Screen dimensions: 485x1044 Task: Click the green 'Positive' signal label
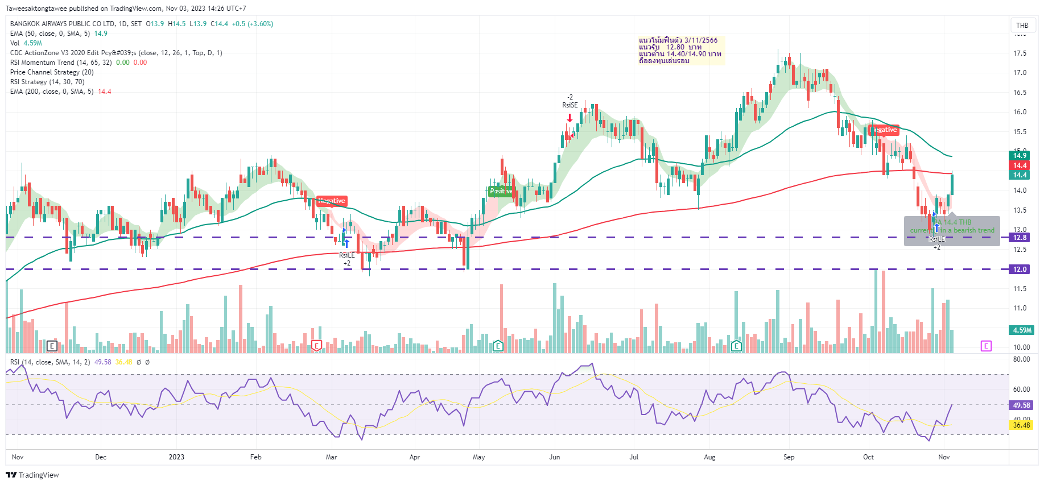[x=501, y=191]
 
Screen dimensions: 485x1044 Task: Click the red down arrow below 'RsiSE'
[x=570, y=118]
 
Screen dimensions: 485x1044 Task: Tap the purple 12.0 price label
[x=1020, y=270]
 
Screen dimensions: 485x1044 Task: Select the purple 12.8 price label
[x=1020, y=238]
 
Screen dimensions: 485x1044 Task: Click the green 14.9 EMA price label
[x=1020, y=156]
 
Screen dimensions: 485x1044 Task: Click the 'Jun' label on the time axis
[x=555, y=457]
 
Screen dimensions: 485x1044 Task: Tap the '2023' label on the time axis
[x=176, y=457]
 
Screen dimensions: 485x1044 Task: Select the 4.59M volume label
[x=1022, y=330]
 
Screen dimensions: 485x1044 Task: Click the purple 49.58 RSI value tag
[x=1021, y=405]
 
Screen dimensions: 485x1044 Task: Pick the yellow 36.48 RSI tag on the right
[x=1021, y=425]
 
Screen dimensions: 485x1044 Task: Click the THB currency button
[x=1022, y=25]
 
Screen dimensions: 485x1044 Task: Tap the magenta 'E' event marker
[x=986, y=346]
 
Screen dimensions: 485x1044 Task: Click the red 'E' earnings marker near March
[x=317, y=346]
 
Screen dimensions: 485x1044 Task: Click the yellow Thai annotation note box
[x=681, y=51]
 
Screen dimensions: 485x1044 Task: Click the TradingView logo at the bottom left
[x=32, y=475]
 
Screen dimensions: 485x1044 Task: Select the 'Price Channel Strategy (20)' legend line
[x=52, y=72]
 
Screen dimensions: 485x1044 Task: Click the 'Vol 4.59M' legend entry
[x=26, y=43]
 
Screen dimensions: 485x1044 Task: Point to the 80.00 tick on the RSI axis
[x=1021, y=359]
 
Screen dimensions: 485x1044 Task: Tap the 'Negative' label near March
[x=332, y=201]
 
